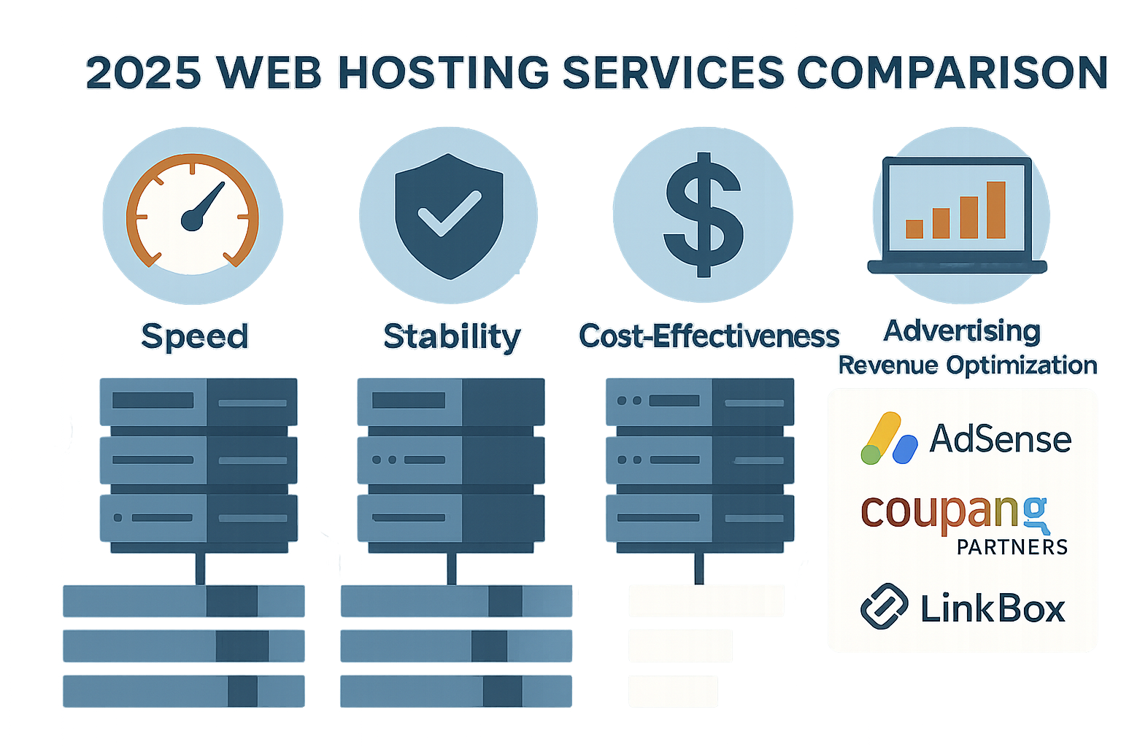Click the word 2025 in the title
tap(144, 73)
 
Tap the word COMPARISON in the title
tap(952, 73)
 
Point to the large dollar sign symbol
tap(703, 215)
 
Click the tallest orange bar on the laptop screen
tap(996, 209)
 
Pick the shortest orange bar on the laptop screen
tap(914, 228)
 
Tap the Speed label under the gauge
tap(195, 336)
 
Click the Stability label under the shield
tap(452, 337)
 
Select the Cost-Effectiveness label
tap(709, 336)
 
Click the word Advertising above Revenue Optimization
tap(962, 331)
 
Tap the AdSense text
tap(1000, 439)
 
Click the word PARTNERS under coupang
tap(1012, 546)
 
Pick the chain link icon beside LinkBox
tap(884, 606)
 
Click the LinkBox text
tap(993, 608)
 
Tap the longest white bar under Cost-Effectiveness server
tap(706, 601)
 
